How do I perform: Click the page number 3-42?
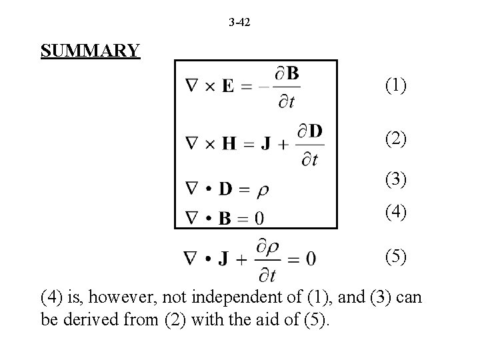click(240, 23)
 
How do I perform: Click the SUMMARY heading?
click(90, 51)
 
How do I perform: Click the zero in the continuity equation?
click(311, 259)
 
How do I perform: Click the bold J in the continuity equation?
click(225, 259)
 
